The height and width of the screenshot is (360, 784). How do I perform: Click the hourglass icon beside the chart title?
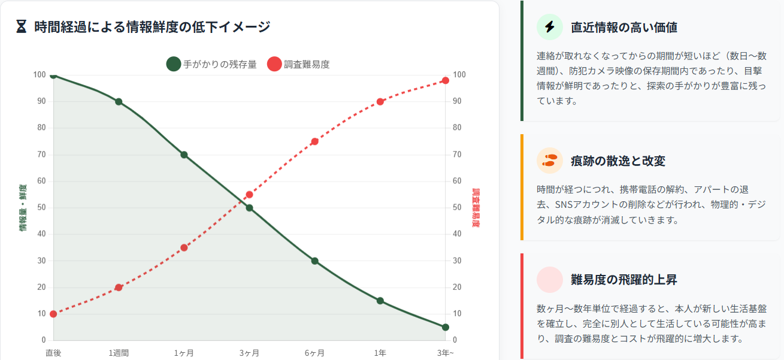(x=22, y=27)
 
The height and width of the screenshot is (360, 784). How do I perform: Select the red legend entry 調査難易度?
(x=298, y=64)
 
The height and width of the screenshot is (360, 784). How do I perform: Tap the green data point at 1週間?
(x=119, y=102)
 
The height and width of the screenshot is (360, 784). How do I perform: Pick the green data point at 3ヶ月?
(x=249, y=208)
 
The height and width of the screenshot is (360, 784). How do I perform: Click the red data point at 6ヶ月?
(x=314, y=141)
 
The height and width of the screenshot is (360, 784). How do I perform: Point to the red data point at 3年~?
(x=445, y=80)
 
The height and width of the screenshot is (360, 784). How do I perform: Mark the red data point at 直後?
(x=53, y=314)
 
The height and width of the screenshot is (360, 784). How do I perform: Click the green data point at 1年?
(x=380, y=301)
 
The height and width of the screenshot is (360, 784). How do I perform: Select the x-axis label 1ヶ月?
(x=184, y=353)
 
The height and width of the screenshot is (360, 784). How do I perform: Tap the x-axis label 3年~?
(x=445, y=353)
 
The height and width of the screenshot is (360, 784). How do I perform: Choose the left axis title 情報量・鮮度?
(x=23, y=208)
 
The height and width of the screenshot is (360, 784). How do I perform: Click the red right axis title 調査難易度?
(x=477, y=208)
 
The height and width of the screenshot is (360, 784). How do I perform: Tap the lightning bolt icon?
(x=550, y=27)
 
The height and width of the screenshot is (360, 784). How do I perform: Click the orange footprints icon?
(x=550, y=161)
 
